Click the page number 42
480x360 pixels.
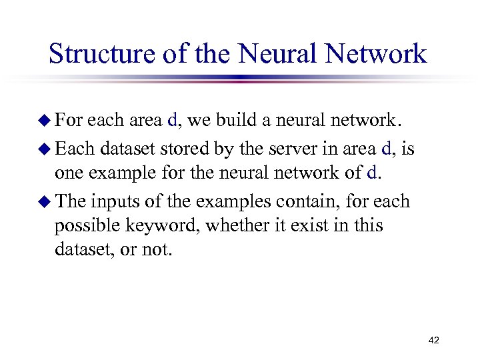(433, 341)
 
